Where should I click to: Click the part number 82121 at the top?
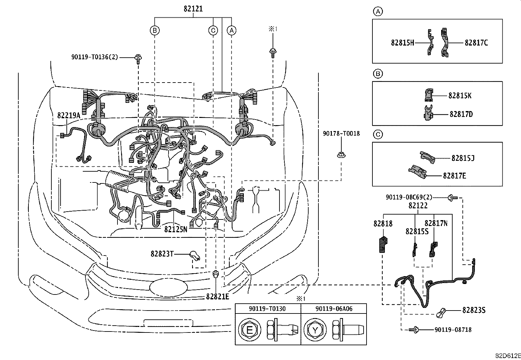[193, 9]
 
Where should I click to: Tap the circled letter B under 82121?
[154, 30]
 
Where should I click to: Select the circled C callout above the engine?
[213, 30]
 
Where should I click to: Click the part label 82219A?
[68, 115]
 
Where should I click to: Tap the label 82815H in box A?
[402, 43]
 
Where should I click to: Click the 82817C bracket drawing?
[444, 43]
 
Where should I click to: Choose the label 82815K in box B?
[460, 96]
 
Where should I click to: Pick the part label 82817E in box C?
[454, 176]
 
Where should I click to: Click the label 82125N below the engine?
[175, 229]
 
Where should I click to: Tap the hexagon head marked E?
[249, 330]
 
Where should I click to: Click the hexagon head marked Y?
[314, 330]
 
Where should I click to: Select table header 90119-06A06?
[334, 309]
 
